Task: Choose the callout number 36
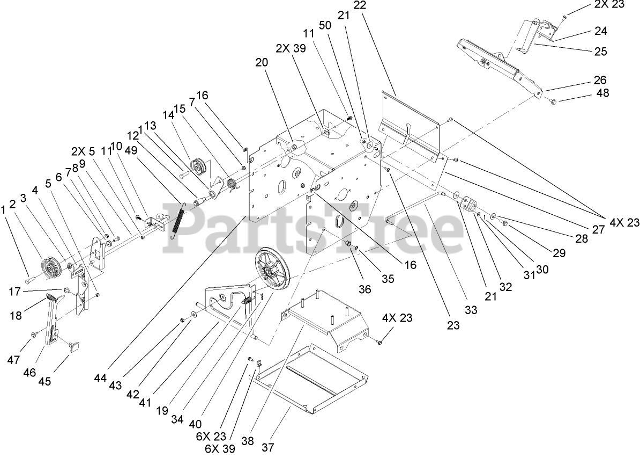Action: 364,289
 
